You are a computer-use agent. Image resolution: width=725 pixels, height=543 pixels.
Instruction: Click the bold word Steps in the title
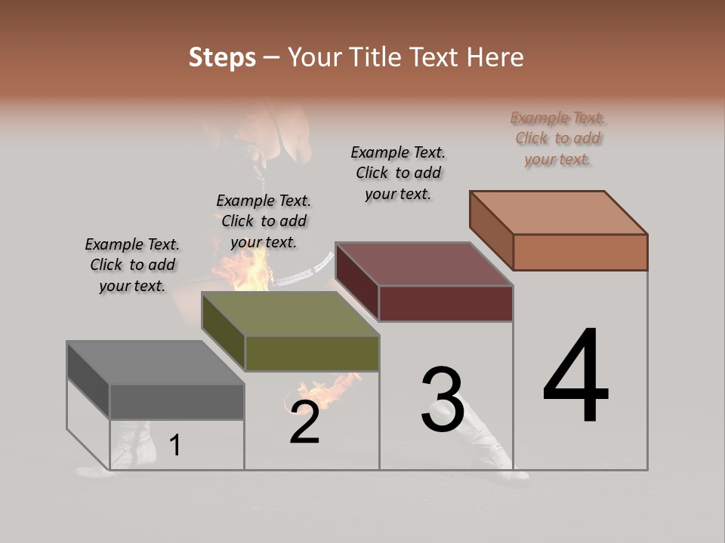point(222,57)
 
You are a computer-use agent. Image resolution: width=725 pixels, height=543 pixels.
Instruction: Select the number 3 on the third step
point(442,400)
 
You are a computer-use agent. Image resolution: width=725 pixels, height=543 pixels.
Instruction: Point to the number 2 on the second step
point(304,422)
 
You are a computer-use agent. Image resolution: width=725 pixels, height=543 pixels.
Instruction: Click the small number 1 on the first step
point(175,445)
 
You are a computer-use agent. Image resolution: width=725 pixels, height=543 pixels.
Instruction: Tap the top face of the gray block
point(155,362)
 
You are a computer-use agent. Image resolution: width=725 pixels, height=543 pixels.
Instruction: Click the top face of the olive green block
point(291,314)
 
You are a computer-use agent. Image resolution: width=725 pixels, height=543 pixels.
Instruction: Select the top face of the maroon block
point(424,264)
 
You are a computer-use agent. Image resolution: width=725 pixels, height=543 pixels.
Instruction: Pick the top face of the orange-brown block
point(559,213)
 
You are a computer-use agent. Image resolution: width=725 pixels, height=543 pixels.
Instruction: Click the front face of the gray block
point(177,402)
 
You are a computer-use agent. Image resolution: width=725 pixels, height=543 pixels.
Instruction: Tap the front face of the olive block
point(312,353)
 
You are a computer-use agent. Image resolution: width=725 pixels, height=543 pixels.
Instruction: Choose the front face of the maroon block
point(446,304)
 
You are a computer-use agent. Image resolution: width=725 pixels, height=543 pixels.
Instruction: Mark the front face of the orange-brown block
point(580,252)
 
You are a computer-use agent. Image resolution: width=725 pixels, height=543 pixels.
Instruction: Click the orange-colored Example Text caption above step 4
point(558,138)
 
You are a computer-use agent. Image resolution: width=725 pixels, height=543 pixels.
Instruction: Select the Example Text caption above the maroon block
point(398,173)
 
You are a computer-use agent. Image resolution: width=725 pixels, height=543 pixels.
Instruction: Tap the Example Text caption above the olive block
point(264,221)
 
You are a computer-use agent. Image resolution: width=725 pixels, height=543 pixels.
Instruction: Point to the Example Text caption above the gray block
point(132,265)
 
